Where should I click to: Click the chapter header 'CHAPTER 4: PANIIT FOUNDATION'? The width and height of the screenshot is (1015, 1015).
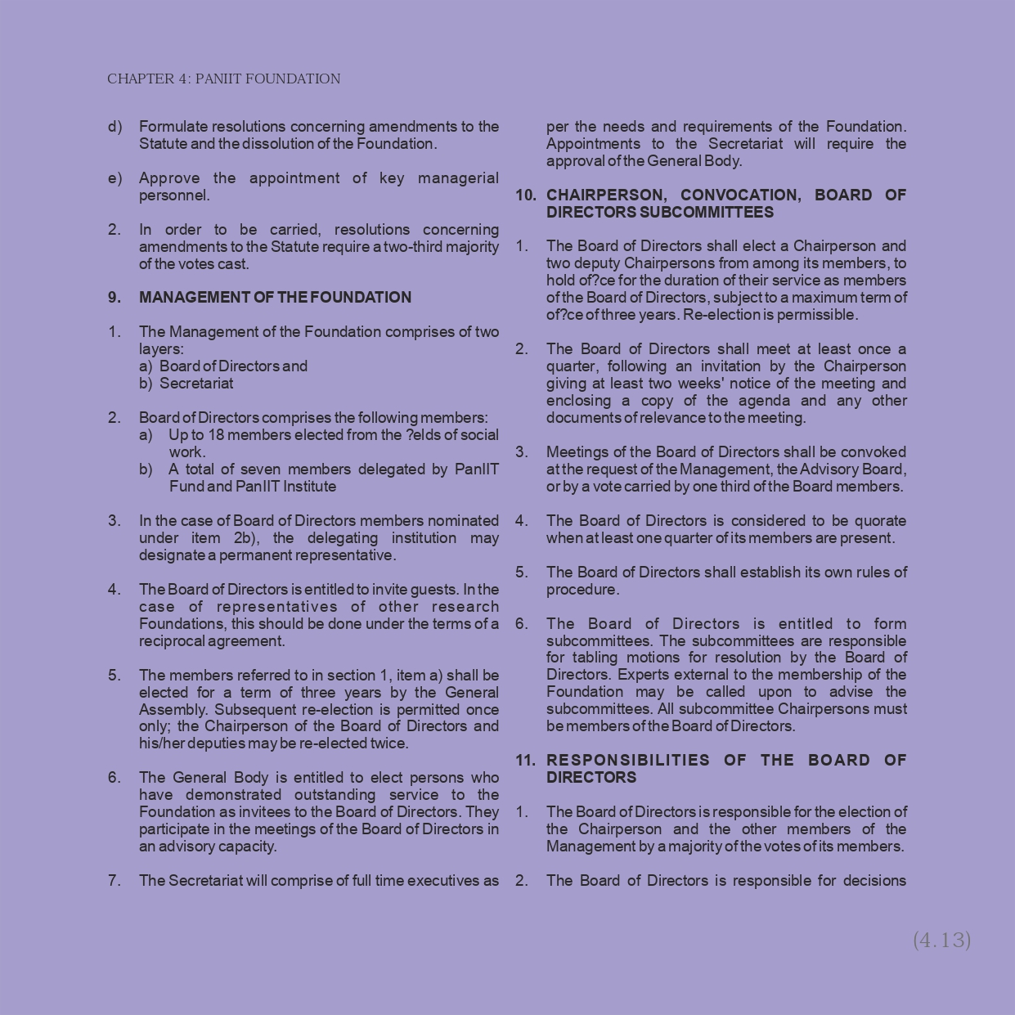coord(223,79)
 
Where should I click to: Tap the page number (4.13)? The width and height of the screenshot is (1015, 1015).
coord(941,940)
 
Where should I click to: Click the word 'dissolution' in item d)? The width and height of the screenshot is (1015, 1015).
coord(290,144)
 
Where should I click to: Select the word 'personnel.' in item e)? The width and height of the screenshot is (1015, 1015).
coord(174,195)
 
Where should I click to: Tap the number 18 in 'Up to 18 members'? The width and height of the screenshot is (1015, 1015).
coord(216,435)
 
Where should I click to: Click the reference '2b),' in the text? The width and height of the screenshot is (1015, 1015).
coord(246,538)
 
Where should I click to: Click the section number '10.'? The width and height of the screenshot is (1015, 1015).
coord(526,195)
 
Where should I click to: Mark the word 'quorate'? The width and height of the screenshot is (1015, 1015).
coord(880,521)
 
